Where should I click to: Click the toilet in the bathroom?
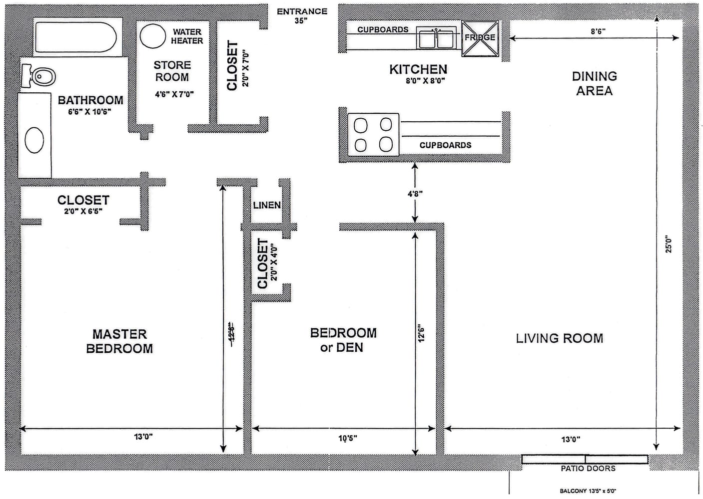(x=40, y=76)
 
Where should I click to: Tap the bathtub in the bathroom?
(x=75, y=37)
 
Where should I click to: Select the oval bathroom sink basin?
(x=34, y=140)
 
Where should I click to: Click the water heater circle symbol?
(x=152, y=35)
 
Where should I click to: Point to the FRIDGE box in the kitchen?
(x=480, y=38)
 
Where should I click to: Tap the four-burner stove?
(x=373, y=134)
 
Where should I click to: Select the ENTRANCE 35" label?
(x=302, y=16)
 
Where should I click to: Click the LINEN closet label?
(x=267, y=205)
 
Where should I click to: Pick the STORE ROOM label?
(x=172, y=71)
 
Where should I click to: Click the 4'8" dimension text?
(x=415, y=194)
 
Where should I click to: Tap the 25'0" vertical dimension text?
(x=669, y=245)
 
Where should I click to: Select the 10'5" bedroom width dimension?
(x=348, y=439)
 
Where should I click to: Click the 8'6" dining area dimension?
(x=598, y=31)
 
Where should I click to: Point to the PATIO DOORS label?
(x=588, y=469)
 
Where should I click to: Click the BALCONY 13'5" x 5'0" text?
(x=591, y=491)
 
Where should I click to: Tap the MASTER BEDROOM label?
(x=119, y=341)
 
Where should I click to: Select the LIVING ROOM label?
(x=559, y=338)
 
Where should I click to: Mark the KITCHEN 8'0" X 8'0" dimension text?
(x=425, y=81)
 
